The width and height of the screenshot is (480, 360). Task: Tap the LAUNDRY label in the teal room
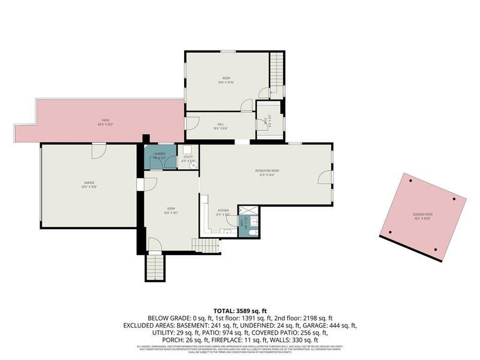pos(159,154)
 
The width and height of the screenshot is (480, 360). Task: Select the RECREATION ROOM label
pos(267,170)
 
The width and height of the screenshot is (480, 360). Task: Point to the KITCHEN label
pos(223,211)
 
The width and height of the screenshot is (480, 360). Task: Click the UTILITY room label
pos(188,157)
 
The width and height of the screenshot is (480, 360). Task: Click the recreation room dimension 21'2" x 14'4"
pos(267,175)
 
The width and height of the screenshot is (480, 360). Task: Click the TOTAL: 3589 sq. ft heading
pos(239,311)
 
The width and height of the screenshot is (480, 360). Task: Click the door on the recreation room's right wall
pos(324,176)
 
